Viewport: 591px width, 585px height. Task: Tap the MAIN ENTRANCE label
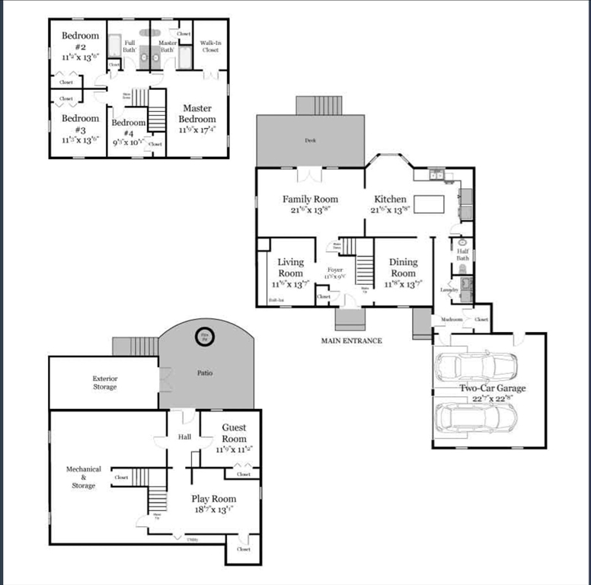point(351,340)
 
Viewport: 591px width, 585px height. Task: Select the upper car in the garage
point(475,367)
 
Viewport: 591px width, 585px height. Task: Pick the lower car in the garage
point(475,417)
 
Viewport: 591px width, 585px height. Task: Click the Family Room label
point(310,200)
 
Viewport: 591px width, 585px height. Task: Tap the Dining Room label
point(403,267)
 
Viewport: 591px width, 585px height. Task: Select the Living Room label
point(290,267)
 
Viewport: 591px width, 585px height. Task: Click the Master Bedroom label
point(197,113)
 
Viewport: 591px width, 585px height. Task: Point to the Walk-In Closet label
point(210,46)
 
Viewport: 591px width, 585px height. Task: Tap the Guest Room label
point(234,433)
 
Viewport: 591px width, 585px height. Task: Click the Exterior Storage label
point(105,382)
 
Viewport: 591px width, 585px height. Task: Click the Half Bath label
point(462,254)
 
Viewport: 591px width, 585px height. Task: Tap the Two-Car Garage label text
point(492,388)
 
